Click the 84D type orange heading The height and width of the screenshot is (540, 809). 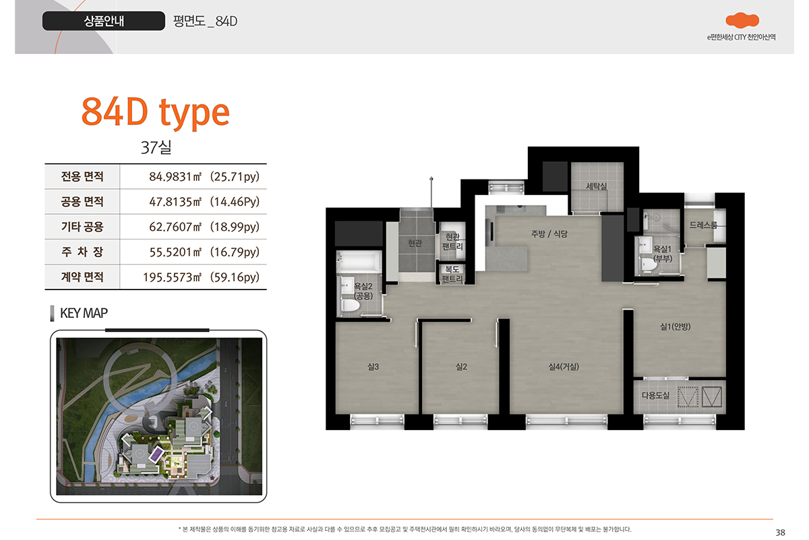(x=156, y=113)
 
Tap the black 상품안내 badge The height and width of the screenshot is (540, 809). (x=104, y=21)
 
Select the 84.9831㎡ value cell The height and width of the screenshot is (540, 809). (x=204, y=176)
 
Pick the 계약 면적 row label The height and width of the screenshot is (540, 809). (x=82, y=277)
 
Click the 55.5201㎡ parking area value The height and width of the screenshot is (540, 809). (x=204, y=252)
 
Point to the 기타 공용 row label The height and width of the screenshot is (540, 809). (x=82, y=227)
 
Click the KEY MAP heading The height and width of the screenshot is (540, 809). (x=84, y=313)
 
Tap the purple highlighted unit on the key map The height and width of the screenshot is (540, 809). (x=156, y=454)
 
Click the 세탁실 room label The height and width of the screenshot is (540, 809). (x=596, y=186)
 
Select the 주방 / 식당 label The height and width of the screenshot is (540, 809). (x=549, y=234)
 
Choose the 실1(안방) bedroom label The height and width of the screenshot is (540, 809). (x=675, y=327)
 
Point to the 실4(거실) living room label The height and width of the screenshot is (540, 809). (x=564, y=367)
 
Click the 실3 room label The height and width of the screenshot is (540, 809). (x=373, y=367)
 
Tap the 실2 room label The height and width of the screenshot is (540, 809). (x=461, y=367)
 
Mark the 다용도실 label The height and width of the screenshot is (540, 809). (x=655, y=396)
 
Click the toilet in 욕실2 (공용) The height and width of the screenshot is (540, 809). (x=351, y=305)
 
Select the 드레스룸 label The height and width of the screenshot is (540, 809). (x=702, y=225)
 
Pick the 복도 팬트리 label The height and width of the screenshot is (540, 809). (x=452, y=274)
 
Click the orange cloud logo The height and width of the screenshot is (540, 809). (x=742, y=20)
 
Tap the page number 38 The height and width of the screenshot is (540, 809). (x=780, y=533)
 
